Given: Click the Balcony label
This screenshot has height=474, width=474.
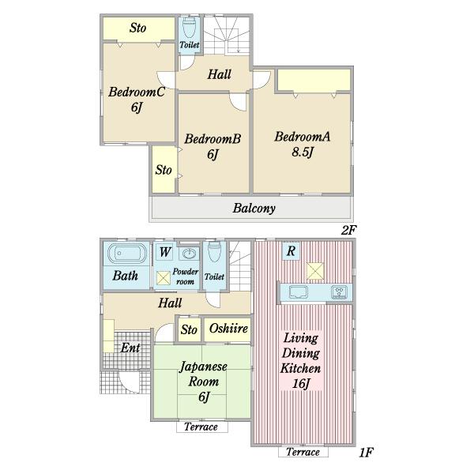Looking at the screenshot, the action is [254, 209].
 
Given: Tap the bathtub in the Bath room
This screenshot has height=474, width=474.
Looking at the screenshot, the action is [127, 254].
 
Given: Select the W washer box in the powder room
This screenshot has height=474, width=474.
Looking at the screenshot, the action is [165, 251].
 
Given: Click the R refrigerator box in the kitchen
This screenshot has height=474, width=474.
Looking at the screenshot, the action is [291, 250].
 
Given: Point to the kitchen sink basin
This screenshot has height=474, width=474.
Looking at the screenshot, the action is [299, 292].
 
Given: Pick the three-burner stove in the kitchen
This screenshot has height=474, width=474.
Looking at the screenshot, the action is [339, 292].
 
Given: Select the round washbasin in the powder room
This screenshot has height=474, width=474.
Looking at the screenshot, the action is [190, 254].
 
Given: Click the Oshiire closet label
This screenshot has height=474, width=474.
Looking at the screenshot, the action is [228, 329].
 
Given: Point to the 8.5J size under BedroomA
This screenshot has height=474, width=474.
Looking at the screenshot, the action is [303, 152].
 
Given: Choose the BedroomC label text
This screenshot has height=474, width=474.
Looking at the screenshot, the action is [137, 92].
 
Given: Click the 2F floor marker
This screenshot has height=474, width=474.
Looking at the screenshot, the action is [348, 231].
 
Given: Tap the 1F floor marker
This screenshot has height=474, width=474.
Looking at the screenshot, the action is [367, 453].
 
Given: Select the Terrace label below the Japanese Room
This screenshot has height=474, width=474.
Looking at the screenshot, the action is [201, 427].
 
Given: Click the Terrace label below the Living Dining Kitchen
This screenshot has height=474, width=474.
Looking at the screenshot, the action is [303, 452].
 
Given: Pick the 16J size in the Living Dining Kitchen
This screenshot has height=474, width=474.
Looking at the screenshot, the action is [301, 384].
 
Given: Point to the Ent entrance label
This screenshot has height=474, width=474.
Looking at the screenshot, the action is [130, 348].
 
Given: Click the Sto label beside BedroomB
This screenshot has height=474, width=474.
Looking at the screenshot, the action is [164, 170].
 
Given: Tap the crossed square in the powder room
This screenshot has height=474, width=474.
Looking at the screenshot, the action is [164, 278].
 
